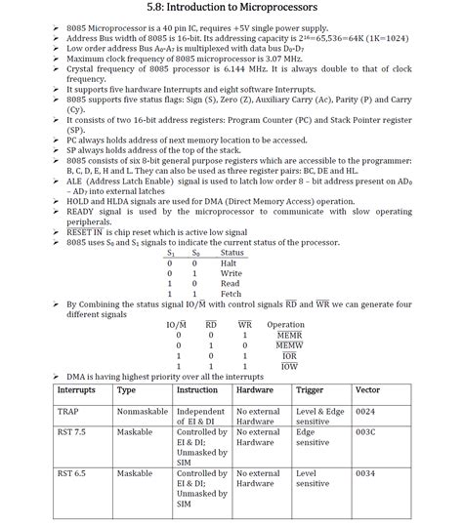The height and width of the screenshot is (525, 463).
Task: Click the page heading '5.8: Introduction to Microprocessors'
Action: tap(231, 8)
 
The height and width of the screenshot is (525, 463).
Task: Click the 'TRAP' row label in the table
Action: tap(70, 412)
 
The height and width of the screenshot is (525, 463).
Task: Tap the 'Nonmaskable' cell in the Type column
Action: tap(142, 412)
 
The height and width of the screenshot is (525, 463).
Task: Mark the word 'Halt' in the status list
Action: tap(228, 262)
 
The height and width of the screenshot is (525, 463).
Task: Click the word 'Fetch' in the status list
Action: tap(230, 293)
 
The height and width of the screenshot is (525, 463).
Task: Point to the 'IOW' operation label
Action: tap(289, 366)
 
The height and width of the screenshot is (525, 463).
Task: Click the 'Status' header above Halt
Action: tap(232, 252)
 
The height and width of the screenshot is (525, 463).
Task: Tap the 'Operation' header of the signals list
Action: tap(285, 324)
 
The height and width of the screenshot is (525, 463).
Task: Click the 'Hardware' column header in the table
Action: tap(255, 389)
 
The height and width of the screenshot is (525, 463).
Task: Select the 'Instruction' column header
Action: tap(197, 389)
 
